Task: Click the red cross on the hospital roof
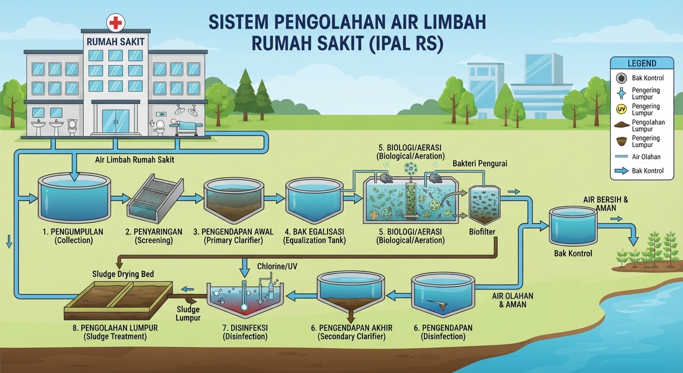click(115, 23)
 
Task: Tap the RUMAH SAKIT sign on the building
click(115, 41)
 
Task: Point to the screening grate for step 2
click(155, 199)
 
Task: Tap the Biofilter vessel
click(485, 205)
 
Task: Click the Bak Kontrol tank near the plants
click(573, 225)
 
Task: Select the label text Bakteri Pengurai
click(480, 164)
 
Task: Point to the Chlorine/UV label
click(277, 267)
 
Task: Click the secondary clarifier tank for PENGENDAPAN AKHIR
click(351, 296)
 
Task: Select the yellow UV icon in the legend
click(621, 109)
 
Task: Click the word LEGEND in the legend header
click(642, 64)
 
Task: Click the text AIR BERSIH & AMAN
click(605, 204)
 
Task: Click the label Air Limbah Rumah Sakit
click(134, 160)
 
